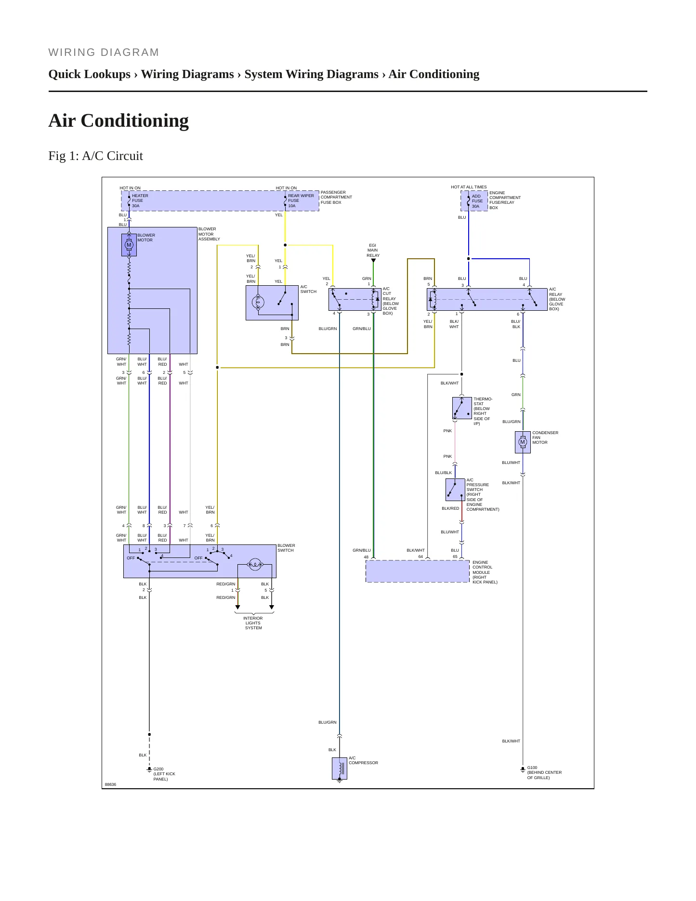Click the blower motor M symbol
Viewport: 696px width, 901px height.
coord(129,245)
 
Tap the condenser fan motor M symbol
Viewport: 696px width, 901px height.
coord(523,442)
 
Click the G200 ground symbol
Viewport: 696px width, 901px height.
coord(149,770)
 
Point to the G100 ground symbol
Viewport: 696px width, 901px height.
coord(523,769)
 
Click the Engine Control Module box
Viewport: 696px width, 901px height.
coord(418,571)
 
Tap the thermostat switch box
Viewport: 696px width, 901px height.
coord(462,408)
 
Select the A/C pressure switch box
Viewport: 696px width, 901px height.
coord(455,490)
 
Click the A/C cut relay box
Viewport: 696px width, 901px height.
coord(355,299)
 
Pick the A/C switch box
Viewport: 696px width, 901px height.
coord(272,303)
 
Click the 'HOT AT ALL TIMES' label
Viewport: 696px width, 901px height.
coord(469,187)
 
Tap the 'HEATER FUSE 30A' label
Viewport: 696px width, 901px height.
coord(140,201)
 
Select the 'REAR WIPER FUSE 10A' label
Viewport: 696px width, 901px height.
coord(301,201)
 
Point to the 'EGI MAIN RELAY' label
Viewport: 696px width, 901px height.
coord(373,250)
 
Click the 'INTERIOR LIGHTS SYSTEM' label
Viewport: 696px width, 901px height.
coord(253,623)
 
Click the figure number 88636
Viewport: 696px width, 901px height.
coord(110,784)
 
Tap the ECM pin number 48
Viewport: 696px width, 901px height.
coord(366,557)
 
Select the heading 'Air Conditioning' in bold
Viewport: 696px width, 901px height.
coord(118,120)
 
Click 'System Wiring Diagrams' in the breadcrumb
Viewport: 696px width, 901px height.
coord(311,74)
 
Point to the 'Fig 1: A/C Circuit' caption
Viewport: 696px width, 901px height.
coord(95,156)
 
